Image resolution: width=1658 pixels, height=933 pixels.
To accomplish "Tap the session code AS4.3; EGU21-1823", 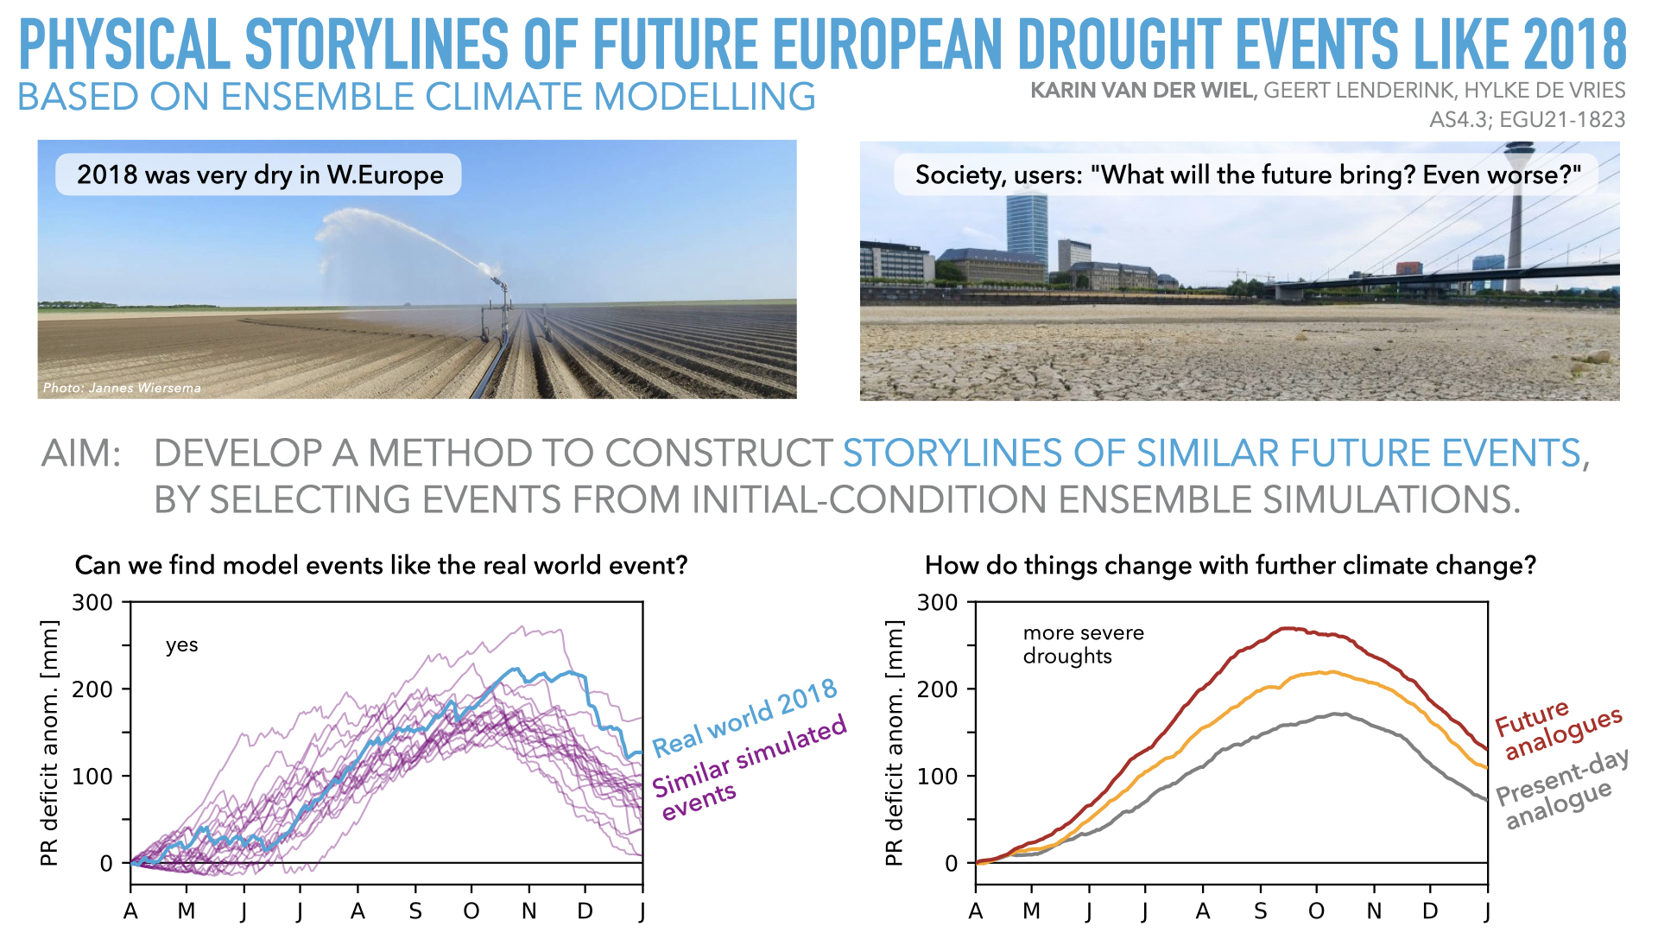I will (1527, 119).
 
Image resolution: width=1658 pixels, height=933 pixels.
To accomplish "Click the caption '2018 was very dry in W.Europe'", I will (259, 175).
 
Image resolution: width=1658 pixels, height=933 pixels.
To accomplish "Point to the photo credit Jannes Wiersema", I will (122, 388).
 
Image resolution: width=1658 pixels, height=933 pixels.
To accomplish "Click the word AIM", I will (81, 454).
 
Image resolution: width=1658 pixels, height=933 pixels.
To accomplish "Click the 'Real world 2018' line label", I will (744, 717).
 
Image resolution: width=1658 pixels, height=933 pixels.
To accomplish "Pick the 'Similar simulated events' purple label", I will (747, 768).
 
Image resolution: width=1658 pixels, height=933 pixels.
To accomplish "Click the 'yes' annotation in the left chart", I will (181, 645).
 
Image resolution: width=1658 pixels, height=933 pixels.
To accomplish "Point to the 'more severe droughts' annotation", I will (1083, 644).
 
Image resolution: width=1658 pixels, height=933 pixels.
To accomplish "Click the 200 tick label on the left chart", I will (92, 689).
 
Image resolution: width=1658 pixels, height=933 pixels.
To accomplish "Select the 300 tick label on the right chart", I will (937, 603).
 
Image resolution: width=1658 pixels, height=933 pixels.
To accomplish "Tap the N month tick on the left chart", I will (528, 911).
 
